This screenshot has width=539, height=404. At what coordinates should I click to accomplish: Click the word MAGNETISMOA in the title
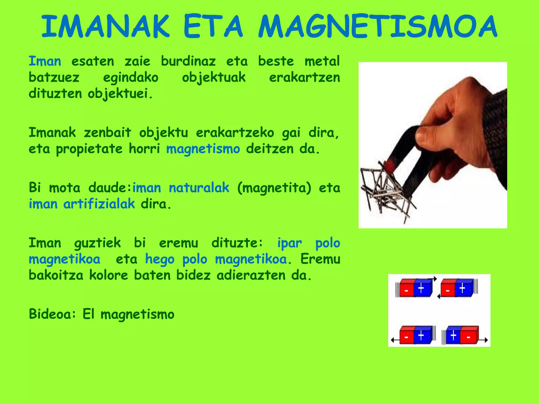378,27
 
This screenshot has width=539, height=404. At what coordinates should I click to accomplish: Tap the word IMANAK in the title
105,27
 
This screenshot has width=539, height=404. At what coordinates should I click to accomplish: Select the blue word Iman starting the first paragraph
45,61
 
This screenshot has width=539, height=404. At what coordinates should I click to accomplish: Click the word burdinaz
188,61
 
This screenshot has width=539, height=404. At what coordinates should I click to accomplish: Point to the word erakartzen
305,78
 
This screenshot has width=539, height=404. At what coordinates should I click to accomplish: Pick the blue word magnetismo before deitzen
203,149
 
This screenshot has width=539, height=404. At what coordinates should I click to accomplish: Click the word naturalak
199,188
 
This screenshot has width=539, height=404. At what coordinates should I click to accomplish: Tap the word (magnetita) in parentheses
274,188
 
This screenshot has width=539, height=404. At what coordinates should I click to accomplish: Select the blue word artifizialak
99,204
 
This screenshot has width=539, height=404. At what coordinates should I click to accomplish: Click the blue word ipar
290,243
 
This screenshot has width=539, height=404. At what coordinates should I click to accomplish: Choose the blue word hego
160,259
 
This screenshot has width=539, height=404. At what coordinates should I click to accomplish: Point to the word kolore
108,275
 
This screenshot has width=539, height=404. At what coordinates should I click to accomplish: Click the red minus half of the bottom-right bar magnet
469,336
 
